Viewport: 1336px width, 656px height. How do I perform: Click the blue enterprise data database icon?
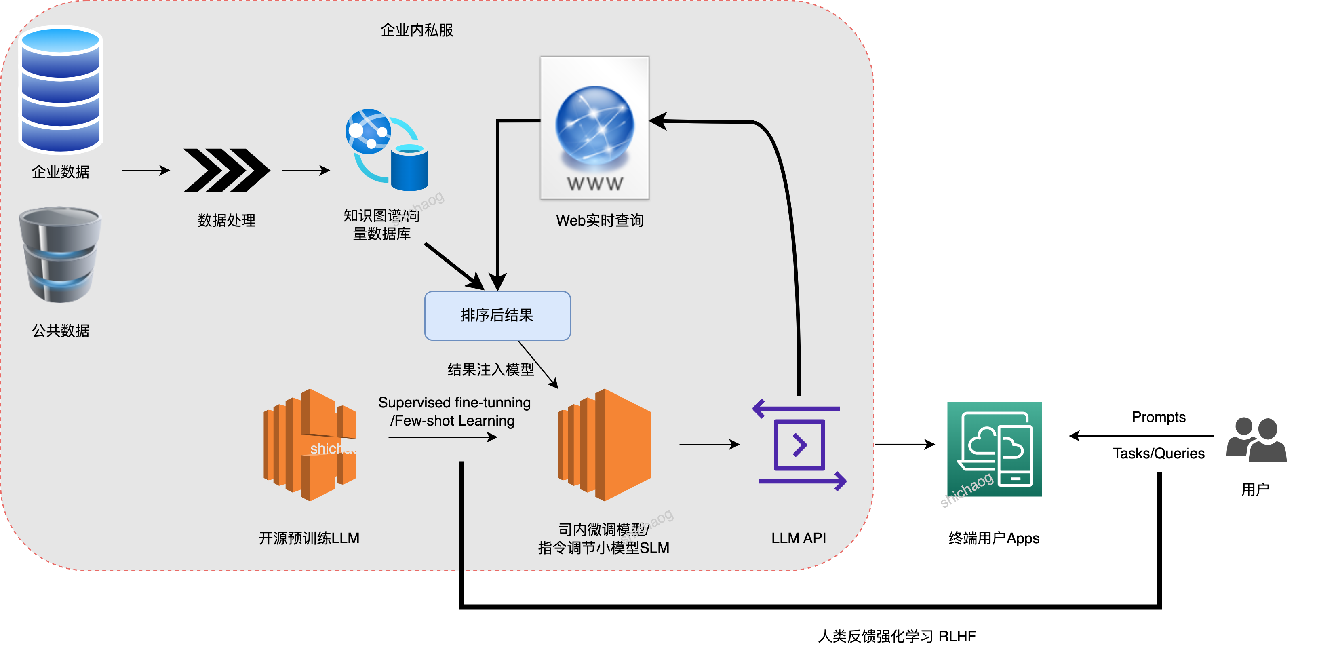(x=61, y=90)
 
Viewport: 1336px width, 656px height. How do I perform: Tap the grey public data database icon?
(x=60, y=255)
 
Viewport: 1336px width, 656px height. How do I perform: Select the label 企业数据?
(x=61, y=172)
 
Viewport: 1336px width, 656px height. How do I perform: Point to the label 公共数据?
(x=61, y=330)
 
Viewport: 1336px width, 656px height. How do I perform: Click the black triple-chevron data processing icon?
(x=227, y=170)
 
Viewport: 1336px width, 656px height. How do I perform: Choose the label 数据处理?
(x=227, y=220)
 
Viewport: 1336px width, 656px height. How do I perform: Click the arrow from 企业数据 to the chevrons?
(x=146, y=170)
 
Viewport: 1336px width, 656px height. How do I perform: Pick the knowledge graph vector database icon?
(x=387, y=150)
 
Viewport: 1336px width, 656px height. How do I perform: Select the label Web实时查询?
(x=600, y=220)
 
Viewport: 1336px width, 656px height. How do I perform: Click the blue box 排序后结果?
(x=497, y=315)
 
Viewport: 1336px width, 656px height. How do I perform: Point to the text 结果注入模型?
(x=491, y=369)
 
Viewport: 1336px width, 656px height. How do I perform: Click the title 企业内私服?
(x=417, y=30)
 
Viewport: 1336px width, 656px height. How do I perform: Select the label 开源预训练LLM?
(x=309, y=538)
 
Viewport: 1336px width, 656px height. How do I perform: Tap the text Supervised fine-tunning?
(x=454, y=403)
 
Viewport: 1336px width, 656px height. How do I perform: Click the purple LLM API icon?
(x=799, y=445)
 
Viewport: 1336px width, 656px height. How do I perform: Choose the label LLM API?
(x=799, y=538)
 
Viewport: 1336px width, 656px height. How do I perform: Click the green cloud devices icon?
(x=994, y=449)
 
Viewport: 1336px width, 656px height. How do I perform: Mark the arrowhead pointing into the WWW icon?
(x=657, y=121)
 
